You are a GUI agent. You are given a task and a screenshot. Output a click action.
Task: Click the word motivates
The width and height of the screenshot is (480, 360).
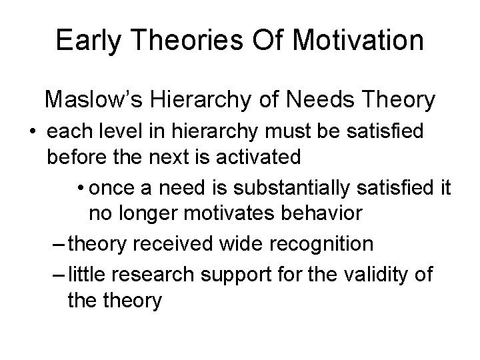pyautogui.click(x=231, y=215)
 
